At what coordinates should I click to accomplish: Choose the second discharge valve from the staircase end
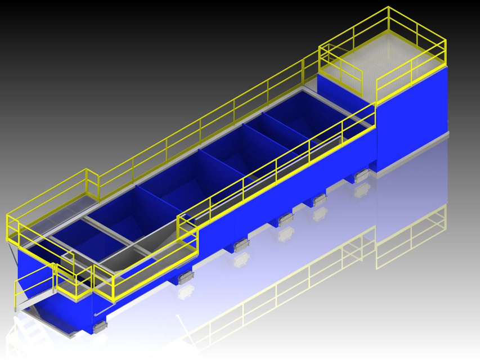pyautogui.click(x=185, y=276)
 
